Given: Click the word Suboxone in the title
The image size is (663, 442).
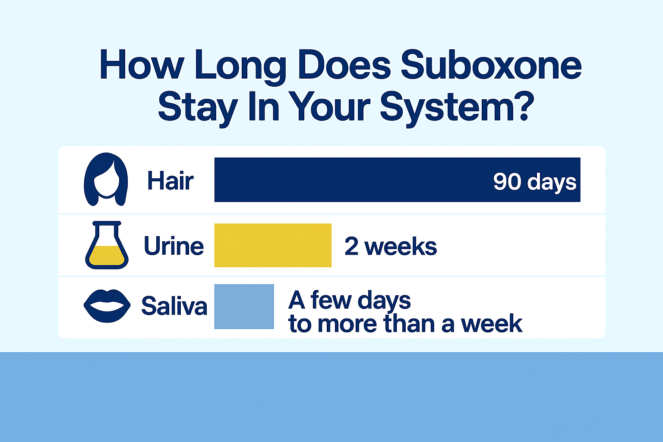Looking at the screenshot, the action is click(x=491, y=65).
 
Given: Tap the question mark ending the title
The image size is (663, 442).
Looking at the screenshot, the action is click(x=526, y=106).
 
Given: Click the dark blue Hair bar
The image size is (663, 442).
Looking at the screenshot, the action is click(x=397, y=180).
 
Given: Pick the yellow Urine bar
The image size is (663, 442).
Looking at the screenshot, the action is click(x=273, y=246).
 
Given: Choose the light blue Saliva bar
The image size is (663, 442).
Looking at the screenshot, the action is click(x=244, y=307).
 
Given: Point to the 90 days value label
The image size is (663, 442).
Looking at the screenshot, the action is click(x=534, y=182).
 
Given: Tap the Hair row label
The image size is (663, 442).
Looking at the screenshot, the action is click(x=170, y=180).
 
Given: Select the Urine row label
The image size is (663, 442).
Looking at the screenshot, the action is click(x=174, y=246).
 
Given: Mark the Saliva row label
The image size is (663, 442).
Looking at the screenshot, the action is click(x=174, y=306).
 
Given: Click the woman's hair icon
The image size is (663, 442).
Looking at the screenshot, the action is click(x=106, y=180).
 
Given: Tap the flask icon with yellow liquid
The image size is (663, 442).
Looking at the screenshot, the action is click(x=107, y=245).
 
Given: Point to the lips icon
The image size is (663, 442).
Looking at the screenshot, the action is click(x=107, y=306).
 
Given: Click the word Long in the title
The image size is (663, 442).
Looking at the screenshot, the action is click(x=241, y=67).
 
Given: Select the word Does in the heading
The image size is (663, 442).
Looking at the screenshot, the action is click(x=344, y=65).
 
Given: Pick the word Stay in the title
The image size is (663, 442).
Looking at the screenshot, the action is click(x=198, y=108).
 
